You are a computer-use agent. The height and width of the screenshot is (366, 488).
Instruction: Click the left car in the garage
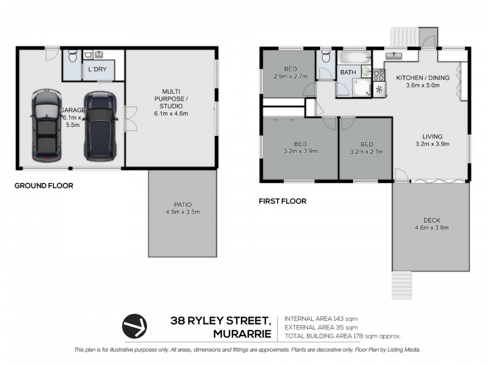[x=46, y=126]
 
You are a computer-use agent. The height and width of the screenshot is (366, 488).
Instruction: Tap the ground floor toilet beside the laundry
[x=72, y=57]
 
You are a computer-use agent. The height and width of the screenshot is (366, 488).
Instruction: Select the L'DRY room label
[x=98, y=70]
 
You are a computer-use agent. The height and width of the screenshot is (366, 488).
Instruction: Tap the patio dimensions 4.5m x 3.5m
[x=183, y=212]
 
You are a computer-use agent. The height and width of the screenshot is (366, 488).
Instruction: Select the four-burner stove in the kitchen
[x=378, y=76]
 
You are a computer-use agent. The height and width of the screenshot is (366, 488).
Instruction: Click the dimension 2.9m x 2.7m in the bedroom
[x=290, y=76]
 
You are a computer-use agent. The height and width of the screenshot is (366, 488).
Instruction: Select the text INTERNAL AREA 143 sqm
[x=317, y=319]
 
